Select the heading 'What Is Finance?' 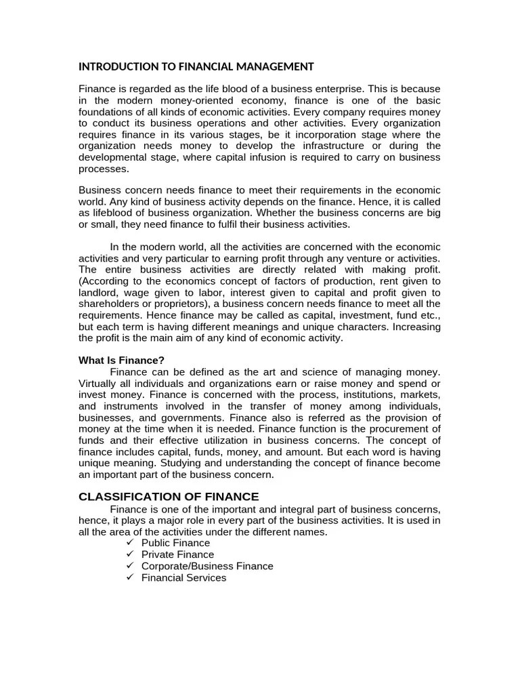tap(121, 360)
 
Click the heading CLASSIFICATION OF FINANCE tap(169, 496)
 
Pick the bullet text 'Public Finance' tap(175, 543)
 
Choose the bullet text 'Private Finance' tap(177, 554)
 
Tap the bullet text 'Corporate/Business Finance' tap(207, 566)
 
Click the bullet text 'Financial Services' tap(183, 577)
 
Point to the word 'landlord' tap(99, 292)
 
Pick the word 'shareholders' tap(109, 304)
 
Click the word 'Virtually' tap(99, 383)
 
